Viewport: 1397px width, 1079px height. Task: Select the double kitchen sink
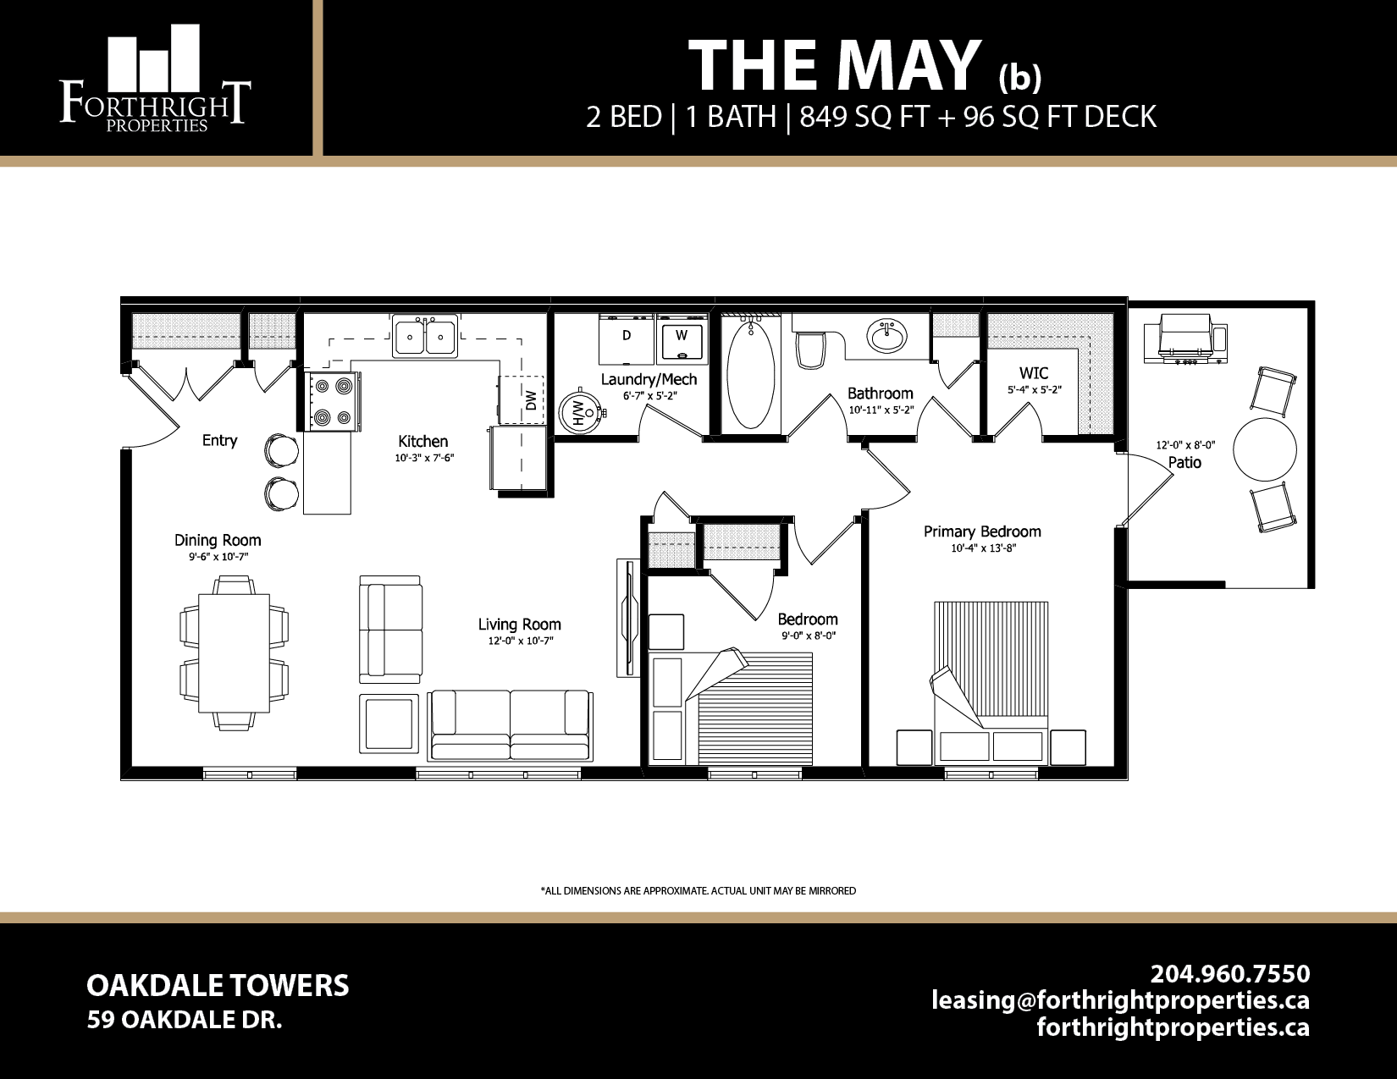(425, 336)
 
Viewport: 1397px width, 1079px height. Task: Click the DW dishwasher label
(531, 399)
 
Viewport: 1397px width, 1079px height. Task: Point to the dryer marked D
(626, 338)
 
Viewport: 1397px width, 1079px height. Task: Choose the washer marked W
(682, 338)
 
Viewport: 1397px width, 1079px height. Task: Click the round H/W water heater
(582, 412)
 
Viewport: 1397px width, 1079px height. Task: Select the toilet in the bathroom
(810, 349)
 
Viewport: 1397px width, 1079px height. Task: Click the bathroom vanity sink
(886, 335)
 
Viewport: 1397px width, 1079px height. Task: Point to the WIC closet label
(1034, 373)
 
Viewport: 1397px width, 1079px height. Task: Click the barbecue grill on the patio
(1184, 339)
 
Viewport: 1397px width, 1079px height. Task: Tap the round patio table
(1264, 449)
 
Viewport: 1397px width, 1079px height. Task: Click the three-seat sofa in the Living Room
(510, 725)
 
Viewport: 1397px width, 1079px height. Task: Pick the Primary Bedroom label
(982, 531)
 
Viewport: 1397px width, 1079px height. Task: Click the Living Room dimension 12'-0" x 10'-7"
(520, 641)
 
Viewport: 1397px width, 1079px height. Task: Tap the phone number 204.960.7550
(1229, 973)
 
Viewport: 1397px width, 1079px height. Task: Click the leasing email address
(1120, 1000)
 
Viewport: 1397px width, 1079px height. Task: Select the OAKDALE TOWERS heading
(218, 986)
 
